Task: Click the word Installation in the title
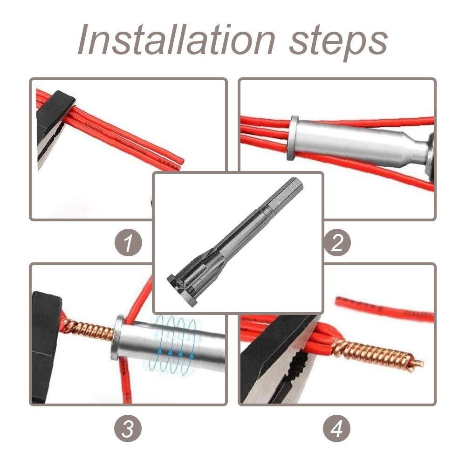coord(176,40)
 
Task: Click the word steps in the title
coord(338,42)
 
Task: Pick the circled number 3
coord(128,428)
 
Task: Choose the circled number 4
coord(337,428)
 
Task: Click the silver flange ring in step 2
coord(293,138)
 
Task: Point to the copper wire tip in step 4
coord(418,363)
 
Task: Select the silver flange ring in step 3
coord(117,337)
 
